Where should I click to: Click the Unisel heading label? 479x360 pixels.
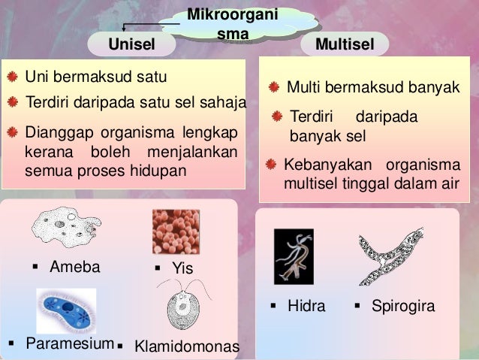(x=132, y=44)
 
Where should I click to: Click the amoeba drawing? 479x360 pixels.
(x=66, y=224)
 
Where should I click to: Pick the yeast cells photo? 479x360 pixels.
(x=176, y=231)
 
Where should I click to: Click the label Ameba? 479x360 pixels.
(x=74, y=266)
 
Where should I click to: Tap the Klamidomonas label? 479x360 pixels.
(x=186, y=346)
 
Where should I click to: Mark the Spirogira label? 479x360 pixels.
(x=402, y=307)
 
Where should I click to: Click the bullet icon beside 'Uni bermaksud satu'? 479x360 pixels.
(x=12, y=77)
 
